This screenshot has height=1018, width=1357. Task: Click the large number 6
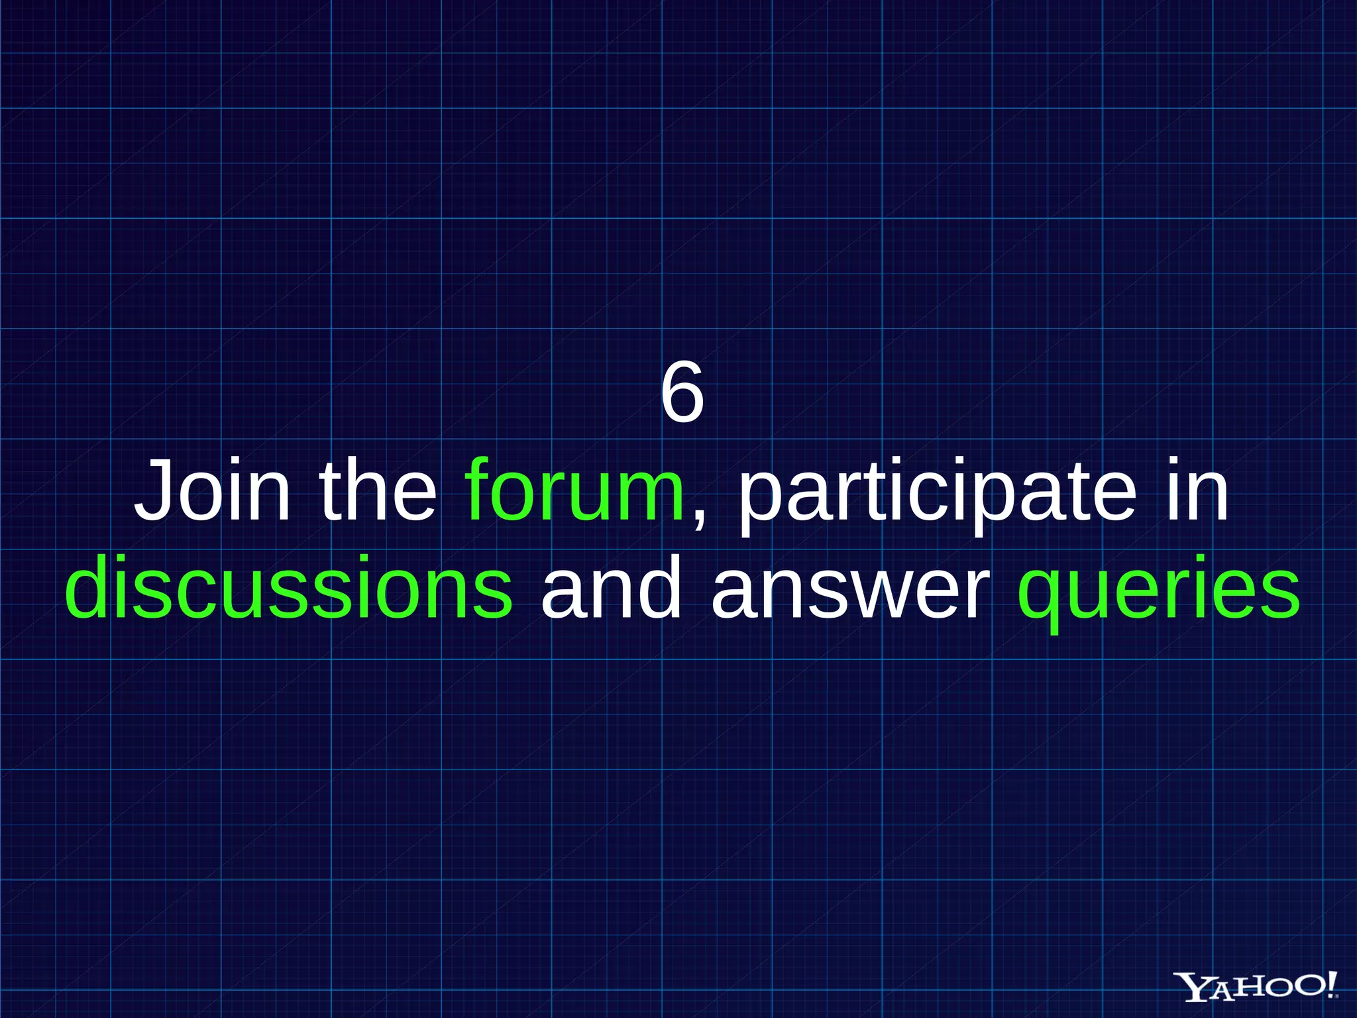(x=682, y=394)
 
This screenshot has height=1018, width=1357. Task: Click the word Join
(x=212, y=492)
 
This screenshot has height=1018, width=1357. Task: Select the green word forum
(x=574, y=492)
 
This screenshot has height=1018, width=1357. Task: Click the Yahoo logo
(x=1256, y=987)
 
